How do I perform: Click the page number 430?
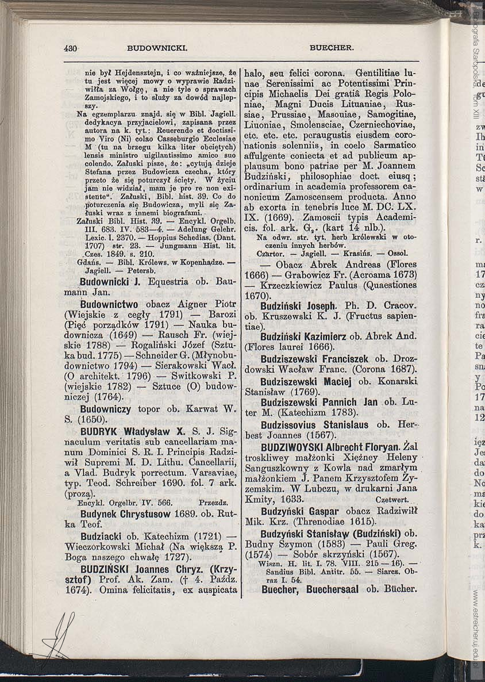(71, 48)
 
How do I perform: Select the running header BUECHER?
(332, 48)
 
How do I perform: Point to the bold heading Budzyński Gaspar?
(299, 511)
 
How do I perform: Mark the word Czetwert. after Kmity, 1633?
(392, 500)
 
